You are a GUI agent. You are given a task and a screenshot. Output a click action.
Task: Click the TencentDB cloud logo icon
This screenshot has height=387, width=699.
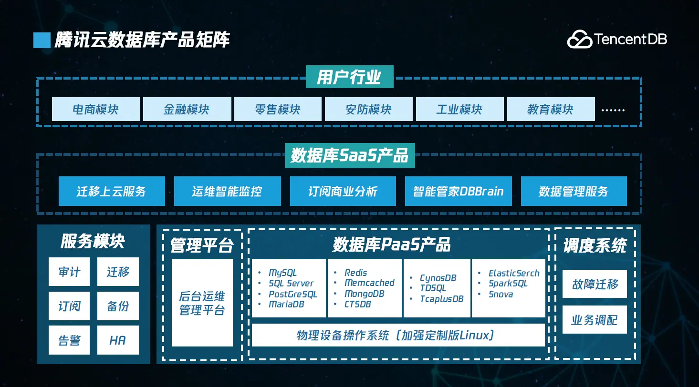click(579, 40)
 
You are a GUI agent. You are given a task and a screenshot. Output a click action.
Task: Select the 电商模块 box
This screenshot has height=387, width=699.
click(96, 110)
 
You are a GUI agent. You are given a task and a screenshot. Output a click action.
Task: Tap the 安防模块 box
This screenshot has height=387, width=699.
click(369, 110)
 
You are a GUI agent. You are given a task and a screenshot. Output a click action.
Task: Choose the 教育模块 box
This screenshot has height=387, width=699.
click(551, 110)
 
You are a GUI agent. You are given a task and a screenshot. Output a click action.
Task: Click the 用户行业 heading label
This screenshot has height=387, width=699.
click(349, 77)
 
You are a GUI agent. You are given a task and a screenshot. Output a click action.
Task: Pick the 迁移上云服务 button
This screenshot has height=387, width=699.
click(112, 191)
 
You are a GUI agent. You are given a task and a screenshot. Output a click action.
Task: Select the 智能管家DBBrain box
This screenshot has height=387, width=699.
click(458, 191)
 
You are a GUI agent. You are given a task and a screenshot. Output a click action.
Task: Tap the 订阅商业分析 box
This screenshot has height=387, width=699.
click(343, 191)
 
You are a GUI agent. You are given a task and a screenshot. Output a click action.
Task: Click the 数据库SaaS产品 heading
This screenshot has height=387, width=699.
click(350, 156)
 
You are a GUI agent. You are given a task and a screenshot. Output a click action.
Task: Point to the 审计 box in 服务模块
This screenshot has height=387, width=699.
click(69, 272)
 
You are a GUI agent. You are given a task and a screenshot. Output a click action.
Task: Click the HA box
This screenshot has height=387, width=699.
click(118, 340)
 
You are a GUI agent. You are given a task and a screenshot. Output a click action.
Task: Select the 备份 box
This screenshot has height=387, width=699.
click(118, 306)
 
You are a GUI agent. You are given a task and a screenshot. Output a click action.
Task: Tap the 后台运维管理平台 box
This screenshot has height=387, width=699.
click(202, 303)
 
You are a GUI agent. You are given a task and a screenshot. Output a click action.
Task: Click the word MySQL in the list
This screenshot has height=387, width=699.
click(282, 273)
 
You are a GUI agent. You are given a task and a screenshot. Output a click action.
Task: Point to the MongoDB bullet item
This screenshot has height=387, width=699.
click(364, 294)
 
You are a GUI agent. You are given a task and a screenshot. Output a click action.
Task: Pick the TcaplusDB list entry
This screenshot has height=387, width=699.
click(441, 299)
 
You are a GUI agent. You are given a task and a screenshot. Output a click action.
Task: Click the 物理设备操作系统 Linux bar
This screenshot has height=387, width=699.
click(398, 335)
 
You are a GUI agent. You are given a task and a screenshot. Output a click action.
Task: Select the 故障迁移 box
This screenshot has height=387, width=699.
click(595, 284)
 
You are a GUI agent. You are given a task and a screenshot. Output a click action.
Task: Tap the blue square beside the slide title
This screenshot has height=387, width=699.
click(42, 40)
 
